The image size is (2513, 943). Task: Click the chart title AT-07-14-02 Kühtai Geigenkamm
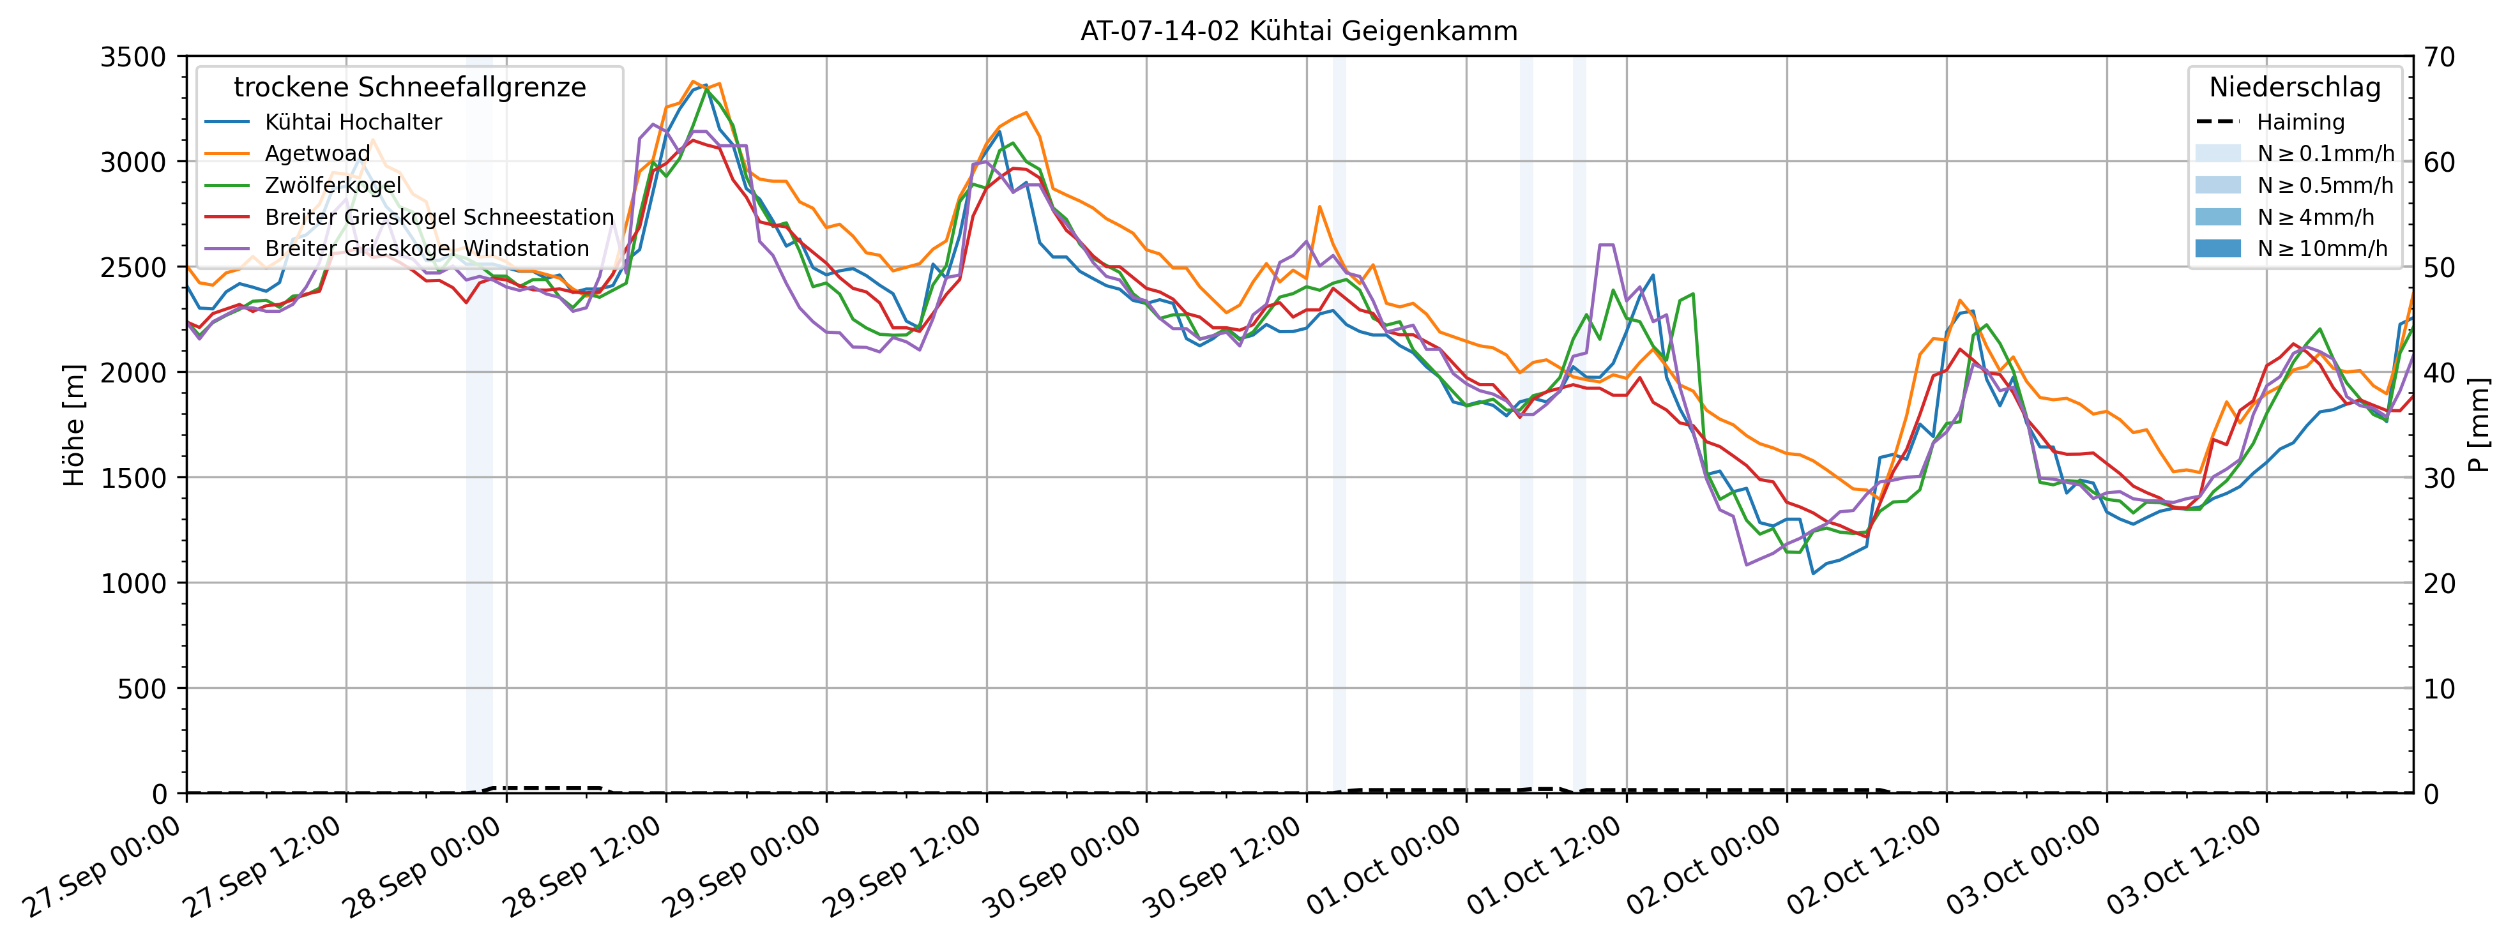pyautogui.click(x=1298, y=31)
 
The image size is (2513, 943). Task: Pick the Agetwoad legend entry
pyautogui.click(x=317, y=153)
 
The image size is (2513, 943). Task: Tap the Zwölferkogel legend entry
pyautogui.click(x=333, y=185)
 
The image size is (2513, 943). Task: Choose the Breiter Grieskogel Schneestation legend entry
pyautogui.click(x=439, y=216)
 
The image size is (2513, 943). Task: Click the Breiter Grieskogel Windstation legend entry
pyautogui.click(x=427, y=248)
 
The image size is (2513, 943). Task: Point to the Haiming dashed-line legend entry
pyautogui.click(x=2299, y=122)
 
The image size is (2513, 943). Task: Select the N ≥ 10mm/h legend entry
pyautogui.click(x=2322, y=248)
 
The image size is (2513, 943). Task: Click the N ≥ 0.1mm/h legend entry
pyautogui.click(x=2325, y=153)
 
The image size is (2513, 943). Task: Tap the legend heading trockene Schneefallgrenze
pyautogui.click(x=410, y=87)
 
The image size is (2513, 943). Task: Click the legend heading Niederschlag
pyautogui.click(x=2295, y=87)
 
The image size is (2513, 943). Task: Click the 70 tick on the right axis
pyautogui.click(x=2440, y=57)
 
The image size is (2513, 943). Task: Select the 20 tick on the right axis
pyautogui.click(x=2440, y=583)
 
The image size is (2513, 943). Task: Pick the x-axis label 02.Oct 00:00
pyautogui.click(x=1703, y=868)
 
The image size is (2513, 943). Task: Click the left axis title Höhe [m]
pyautogui.click(x=74, y=425)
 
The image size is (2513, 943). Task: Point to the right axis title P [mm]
pyautogui.click(x=2479, y=425)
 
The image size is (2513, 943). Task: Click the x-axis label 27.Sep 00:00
pyautogui.click(x=102, y=868)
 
